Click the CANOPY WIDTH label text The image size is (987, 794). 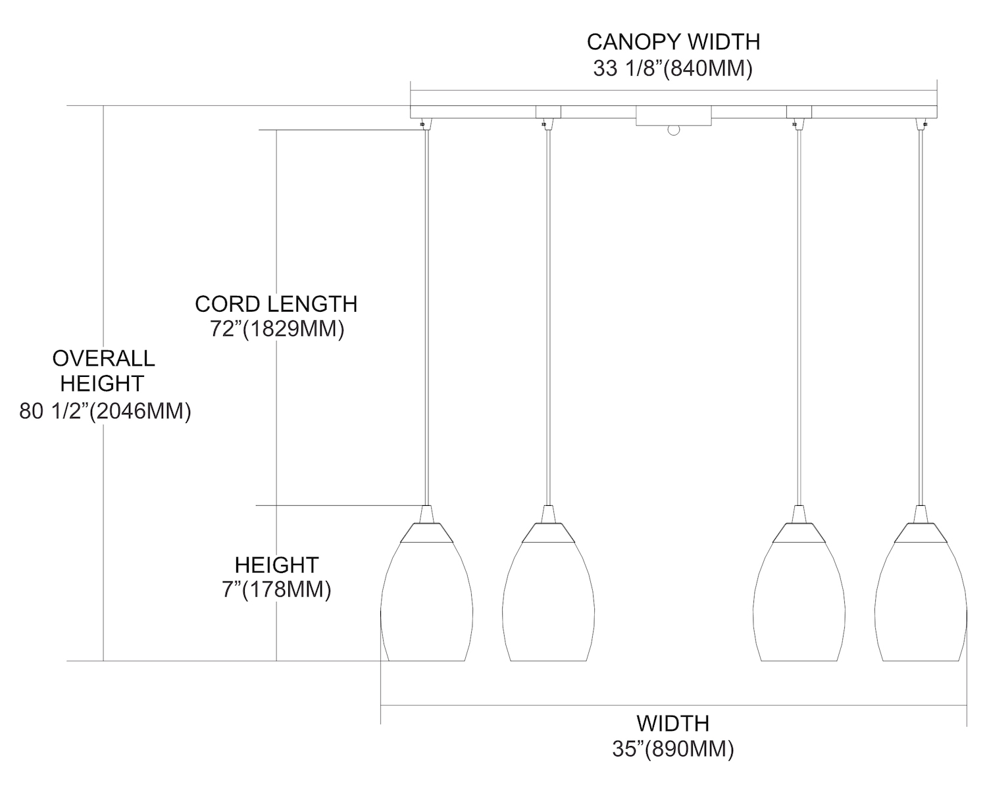pos(673,42)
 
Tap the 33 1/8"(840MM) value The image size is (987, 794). pos(672,68)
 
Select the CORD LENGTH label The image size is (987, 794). pos(276,304)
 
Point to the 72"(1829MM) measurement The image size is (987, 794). pos(277,329)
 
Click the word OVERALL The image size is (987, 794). pos(103,359)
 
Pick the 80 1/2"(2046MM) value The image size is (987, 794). pos(105,412)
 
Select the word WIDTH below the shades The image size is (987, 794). pos(672,724)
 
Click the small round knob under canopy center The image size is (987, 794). pos(672,130)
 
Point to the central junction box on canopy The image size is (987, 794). pos(673,116)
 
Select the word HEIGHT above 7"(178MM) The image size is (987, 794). pos(276,565)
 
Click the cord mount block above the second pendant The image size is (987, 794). pos(548,112)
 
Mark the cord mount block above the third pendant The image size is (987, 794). pos(799,112)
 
